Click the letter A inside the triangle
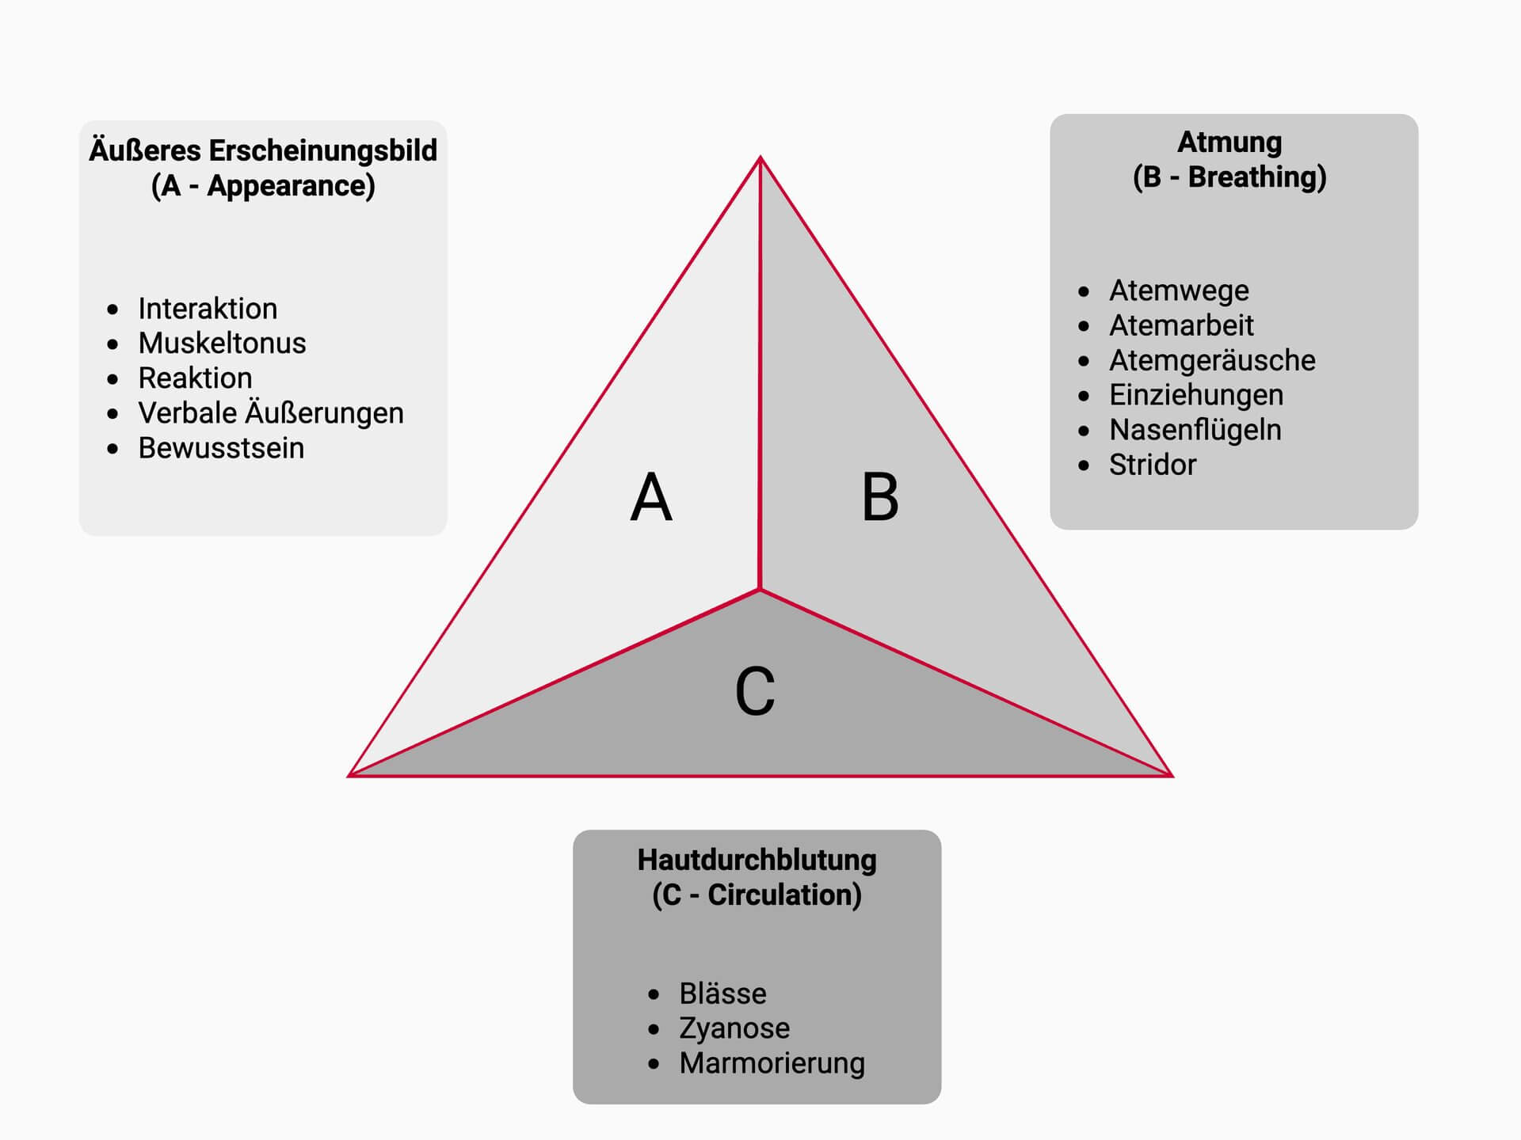click(651, 497)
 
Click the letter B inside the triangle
click(880, 497)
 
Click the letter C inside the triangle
click(755, 690)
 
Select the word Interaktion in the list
click(208, 308)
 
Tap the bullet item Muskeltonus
click(222, 343)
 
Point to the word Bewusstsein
click(221, 448)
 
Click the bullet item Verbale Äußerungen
click(271, 412)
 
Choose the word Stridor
click(1153, 465)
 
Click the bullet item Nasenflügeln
click(1195, 430)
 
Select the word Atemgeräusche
click(1212, 360)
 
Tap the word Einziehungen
click(1196, 395)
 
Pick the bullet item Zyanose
click(734, 1028)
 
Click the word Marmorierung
click(772, 1063)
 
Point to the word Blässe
click(722, 994)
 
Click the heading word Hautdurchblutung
click(757, 860)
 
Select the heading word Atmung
click(1229, 142)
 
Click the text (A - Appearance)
click(263, 186)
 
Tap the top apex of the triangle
click(760, 158)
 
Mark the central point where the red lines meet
click(760, 590)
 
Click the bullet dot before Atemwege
click(1084, 291)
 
